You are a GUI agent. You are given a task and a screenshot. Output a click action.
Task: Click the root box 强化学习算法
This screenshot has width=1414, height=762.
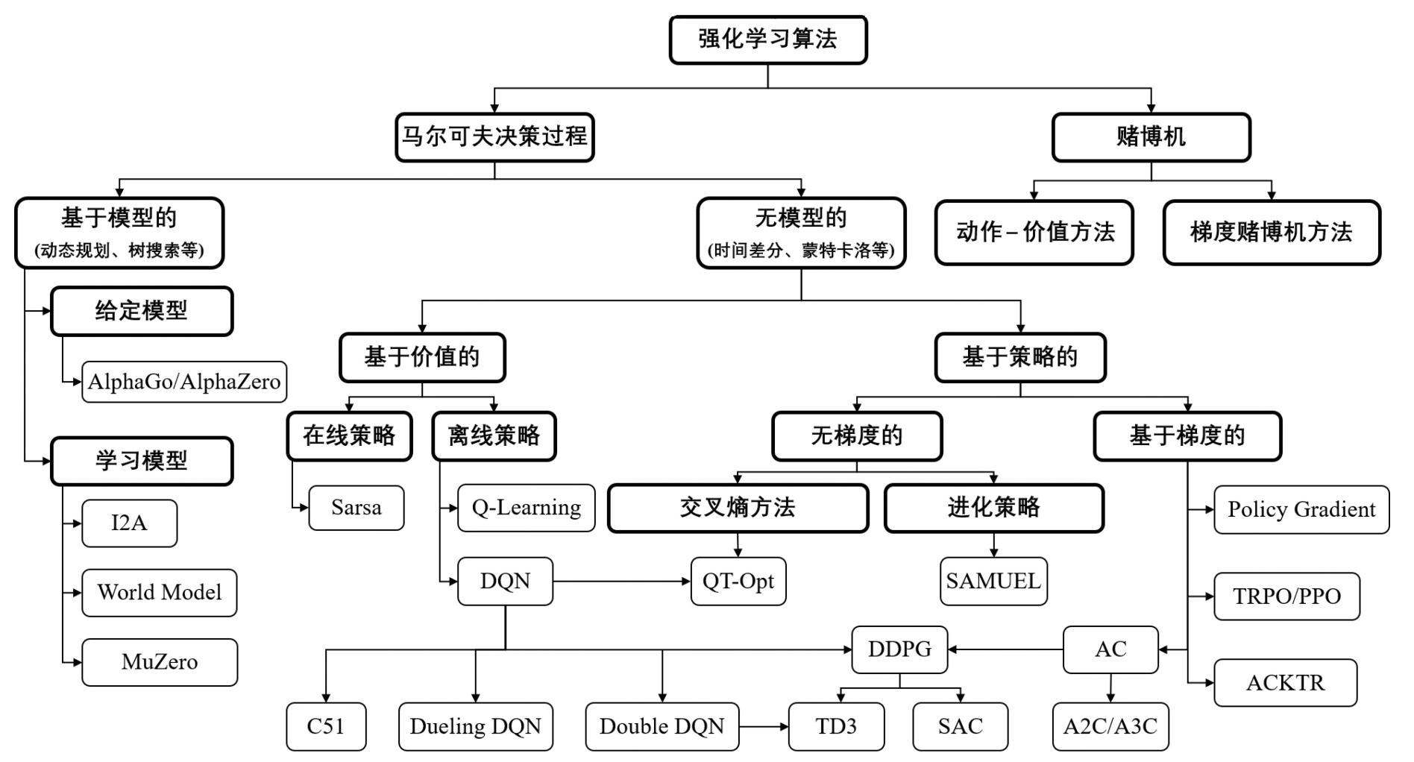click(x=767, y=40)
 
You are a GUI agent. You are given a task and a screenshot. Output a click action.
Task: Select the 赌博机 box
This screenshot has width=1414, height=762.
click(x=1150, y=137)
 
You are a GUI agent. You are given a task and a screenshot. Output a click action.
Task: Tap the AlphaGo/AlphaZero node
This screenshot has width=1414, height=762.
click(x=183, y=382)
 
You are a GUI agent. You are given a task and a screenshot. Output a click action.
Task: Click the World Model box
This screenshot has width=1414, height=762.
click(x=159, y=593)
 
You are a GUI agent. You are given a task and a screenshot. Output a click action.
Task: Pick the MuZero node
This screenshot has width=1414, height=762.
click(x=159, y=662)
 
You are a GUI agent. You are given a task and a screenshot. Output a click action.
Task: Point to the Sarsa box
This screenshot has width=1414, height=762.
click(x=356, y=508)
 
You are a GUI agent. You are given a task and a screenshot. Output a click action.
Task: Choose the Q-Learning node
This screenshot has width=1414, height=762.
click(x=526, y=508)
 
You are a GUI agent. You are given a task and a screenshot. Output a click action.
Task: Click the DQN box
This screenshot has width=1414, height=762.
click(x=505, y=581)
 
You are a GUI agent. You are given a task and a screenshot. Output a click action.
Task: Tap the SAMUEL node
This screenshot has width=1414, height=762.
click(x=993, y=581)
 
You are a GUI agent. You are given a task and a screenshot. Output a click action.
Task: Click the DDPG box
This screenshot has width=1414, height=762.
click(x=899, y=649)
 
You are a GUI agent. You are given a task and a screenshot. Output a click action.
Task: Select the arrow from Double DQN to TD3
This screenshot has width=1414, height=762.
click(x=764, y=726)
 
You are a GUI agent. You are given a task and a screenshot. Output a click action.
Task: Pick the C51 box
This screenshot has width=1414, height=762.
click(x=326, y=726)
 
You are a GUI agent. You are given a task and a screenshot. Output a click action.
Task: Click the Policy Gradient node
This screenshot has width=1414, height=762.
click(x=1301, y=510)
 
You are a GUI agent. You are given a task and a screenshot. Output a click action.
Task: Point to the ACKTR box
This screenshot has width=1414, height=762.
click(x=1285, y=683)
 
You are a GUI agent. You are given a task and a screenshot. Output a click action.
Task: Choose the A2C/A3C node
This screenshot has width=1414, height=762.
click(x=1110, y=726)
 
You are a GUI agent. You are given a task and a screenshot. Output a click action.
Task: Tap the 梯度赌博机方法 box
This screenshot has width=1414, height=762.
click(x=1271, y=233)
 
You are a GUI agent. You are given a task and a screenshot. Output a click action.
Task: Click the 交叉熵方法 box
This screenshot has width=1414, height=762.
click(x=738, y=508)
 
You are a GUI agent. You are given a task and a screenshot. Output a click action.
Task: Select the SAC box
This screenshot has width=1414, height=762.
click(x=960, y=726)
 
